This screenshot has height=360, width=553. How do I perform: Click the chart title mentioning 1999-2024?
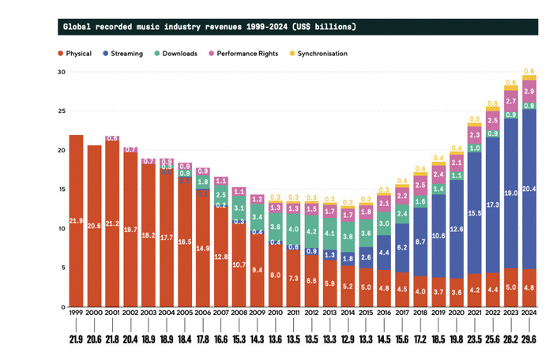point(209,27)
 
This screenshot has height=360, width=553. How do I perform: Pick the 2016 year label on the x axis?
point(382,313)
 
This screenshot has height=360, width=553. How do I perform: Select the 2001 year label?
point(112,313)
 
